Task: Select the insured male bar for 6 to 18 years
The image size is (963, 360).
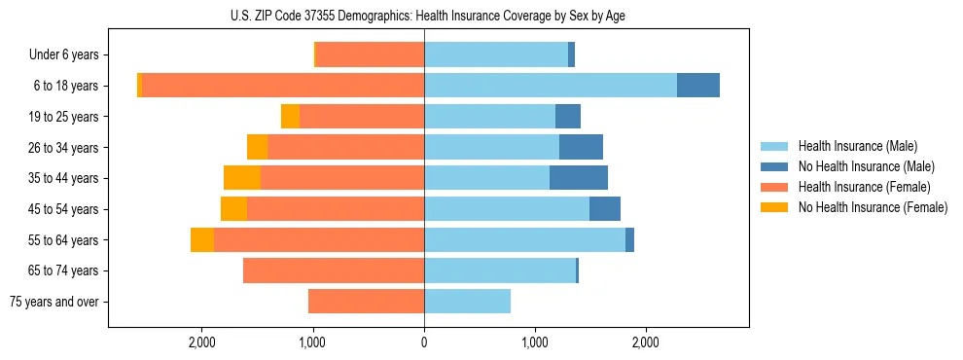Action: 550,86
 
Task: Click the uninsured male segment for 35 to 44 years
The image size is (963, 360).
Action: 579,178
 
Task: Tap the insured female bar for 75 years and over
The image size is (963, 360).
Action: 366,302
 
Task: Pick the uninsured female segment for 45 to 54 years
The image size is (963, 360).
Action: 233,209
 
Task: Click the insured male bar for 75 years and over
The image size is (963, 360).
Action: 467,302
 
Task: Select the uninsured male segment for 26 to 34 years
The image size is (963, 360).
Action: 581,147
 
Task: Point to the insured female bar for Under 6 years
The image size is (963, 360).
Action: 370,54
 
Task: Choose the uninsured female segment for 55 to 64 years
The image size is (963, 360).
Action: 202,240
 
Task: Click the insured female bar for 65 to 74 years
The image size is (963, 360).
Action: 334,270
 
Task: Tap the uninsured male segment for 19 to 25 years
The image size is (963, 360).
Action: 568,117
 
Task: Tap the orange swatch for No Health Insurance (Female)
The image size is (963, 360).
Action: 775,207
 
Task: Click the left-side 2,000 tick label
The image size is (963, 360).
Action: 201,342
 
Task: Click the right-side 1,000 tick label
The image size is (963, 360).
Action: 535,342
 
